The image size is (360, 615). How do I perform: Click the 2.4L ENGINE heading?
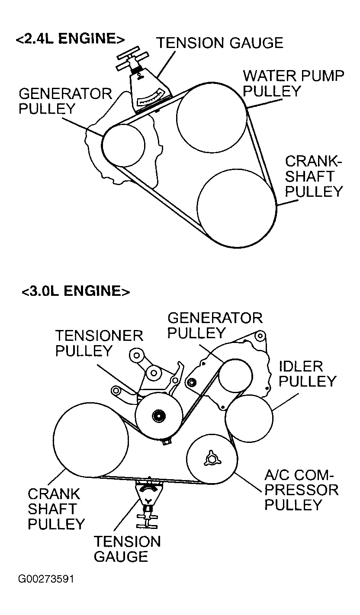click(70, 38)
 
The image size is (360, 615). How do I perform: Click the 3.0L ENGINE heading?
click(76, 291)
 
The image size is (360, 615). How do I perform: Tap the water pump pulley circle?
click(212, 118)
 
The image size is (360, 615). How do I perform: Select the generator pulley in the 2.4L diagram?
click(123, 145)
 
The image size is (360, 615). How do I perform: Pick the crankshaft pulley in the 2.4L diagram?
click(237, 208)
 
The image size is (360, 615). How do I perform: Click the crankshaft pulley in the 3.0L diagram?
click(91, 440)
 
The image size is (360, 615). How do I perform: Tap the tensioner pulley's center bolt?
click(159, 416)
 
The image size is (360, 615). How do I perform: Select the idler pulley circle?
click(249, 418)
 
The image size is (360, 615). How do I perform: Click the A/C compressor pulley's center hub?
click(212, 458)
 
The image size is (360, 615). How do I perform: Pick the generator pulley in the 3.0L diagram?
click(235, 375)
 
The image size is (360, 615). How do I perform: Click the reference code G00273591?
click(46, 579)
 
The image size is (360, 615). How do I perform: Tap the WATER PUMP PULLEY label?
click(293, 83)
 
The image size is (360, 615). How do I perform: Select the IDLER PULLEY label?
click(308, 374)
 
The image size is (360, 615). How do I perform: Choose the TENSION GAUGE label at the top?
click(220, 43)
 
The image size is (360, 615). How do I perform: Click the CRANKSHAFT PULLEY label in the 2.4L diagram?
click(314, 176)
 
